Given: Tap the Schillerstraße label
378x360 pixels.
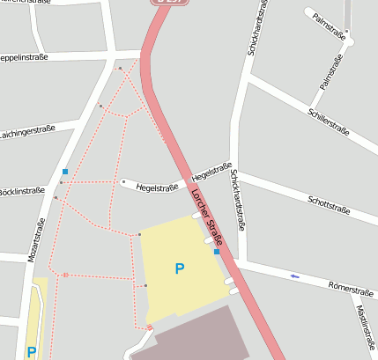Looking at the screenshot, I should (x=329, y=121).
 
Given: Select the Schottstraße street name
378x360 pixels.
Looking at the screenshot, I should (x=329, y=205).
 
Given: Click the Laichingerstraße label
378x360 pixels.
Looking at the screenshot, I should (x=26, y=131).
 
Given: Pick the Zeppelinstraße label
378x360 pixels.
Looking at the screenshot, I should (x=23, y=57).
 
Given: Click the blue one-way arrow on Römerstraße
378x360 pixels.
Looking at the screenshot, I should (x=294, y=276).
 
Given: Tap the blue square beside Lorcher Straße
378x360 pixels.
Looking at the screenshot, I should (x=217, y=252).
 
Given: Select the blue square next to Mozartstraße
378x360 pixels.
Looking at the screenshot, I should (x=64, y=171).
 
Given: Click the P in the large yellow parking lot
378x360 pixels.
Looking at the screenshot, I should (x=180, y=268).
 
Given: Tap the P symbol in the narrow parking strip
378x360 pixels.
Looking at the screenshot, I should (x=32, y=351).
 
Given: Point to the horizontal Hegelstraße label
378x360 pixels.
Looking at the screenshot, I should (x=159, y=187).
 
